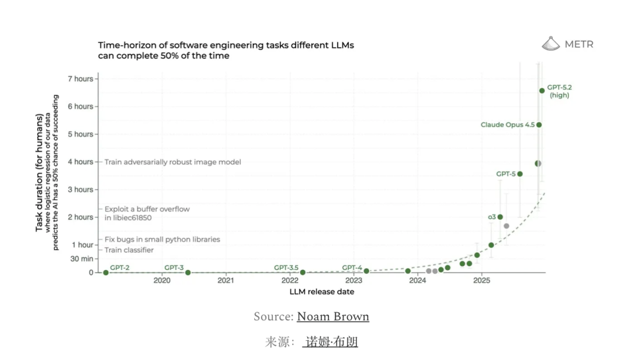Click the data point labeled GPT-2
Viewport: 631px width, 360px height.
point(106,272)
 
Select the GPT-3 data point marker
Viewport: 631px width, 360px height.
point(188,272)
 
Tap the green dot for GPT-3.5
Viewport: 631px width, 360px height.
point(303,272)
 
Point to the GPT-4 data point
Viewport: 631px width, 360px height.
point(366,271)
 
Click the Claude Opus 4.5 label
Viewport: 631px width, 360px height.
point(507,124)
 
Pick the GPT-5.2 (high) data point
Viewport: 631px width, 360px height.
point(542,91)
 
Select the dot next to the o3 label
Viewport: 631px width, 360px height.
point(500,217)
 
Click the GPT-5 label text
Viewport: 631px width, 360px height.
point(506,174)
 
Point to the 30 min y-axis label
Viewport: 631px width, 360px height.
point(82,258)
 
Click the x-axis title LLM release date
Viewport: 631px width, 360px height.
point(321,292)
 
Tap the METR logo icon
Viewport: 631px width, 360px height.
point(551,44)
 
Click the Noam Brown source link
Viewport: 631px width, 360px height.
point(333,317)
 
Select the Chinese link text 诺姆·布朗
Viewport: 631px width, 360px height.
point(330,342)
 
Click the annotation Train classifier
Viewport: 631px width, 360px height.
point(129,250)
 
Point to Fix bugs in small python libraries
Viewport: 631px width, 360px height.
point(162,239)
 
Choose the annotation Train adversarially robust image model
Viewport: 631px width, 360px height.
point(173,162)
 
